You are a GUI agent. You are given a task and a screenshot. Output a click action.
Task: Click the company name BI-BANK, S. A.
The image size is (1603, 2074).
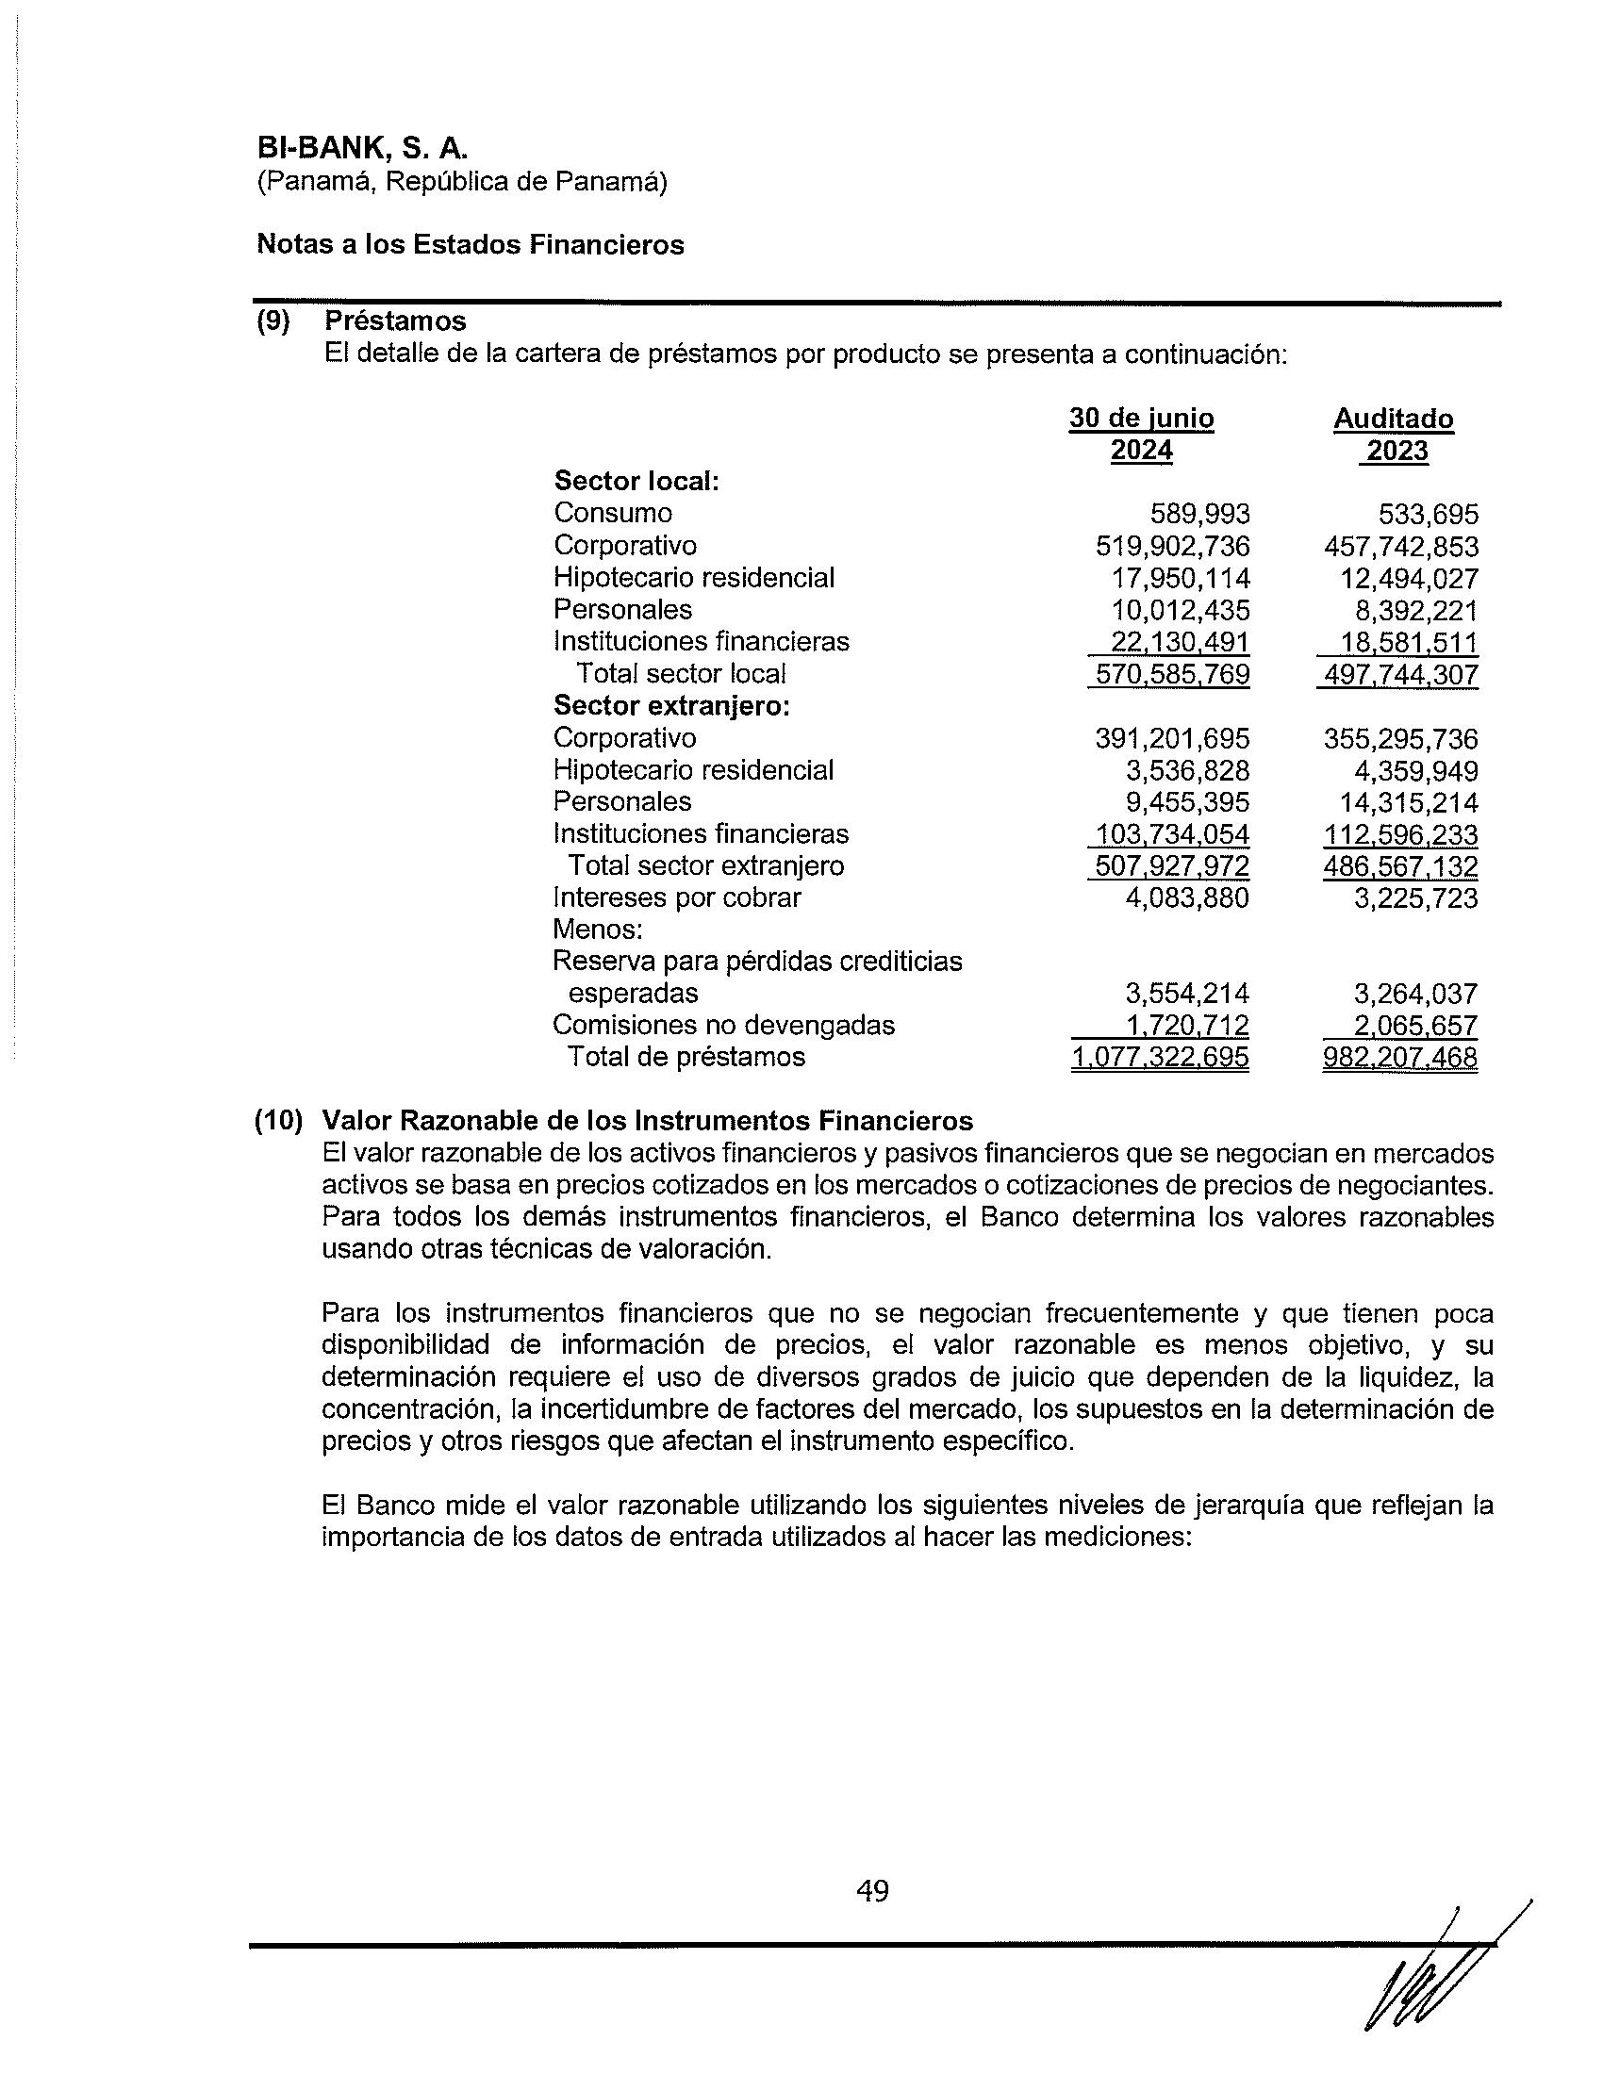(x=363, y=149)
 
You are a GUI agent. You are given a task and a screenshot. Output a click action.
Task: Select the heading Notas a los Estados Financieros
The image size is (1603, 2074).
(x=471, y=245)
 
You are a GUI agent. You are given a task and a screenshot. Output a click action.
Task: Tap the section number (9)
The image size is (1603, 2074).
(x=273, y=321)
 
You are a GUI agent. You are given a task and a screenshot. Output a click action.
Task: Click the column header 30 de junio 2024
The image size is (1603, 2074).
(x=1142, y=434)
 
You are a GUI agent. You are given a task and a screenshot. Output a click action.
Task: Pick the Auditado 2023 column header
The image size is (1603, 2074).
(x=1393, y=434)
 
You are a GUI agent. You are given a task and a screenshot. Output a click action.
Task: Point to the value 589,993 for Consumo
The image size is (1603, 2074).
(x=1200, y=515)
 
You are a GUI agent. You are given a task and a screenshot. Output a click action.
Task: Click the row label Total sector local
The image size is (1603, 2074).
(x=681, y=674)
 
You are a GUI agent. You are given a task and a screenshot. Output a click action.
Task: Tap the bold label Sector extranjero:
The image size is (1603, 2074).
(x=671, y=706)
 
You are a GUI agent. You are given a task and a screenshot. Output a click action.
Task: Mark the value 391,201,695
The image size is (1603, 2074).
(x=1173, y=739)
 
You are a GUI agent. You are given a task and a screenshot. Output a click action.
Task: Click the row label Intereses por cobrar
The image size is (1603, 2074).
(x=677, y=897)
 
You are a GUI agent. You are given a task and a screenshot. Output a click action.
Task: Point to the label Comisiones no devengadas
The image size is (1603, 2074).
(x=723, y=1026)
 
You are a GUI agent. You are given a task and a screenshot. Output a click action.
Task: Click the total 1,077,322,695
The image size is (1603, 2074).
(x=1161, y=1058)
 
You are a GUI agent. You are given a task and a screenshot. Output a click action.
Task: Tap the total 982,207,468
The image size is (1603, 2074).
(x=1400, y=1058)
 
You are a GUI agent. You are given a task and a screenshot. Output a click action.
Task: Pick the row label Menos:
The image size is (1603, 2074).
(x=597, y=929)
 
